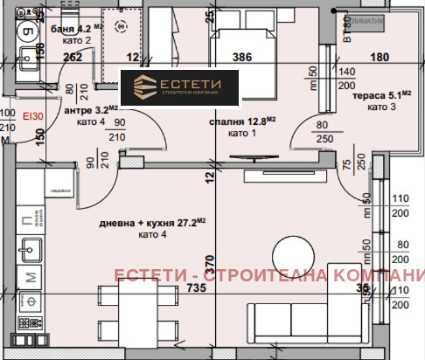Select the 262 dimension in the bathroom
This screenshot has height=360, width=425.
pos(73,58)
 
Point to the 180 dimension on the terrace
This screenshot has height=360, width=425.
pos(379,58)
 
